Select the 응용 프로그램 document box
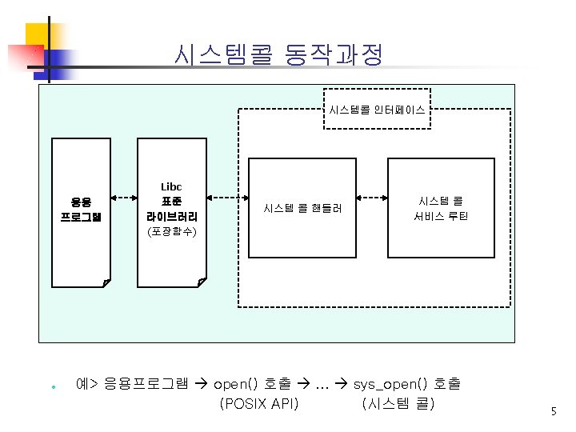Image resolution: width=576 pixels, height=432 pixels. click(81, 210)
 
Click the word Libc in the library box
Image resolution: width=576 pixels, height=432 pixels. click(171, 187)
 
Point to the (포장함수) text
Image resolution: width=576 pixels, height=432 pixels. click(172, 233)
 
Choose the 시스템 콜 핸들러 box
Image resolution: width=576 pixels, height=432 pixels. click(302, 208)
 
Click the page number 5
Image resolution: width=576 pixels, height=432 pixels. click(553, 411)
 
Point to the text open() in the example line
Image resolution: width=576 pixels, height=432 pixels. click(236, 384)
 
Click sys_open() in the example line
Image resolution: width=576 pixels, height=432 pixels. click(385, 384)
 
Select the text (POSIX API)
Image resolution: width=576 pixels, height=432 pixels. click(258, 403)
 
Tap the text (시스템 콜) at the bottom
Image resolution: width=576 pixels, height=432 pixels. click(398, 403)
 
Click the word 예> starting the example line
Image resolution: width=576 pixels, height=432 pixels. click(86, 384)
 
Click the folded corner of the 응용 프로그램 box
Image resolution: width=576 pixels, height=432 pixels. click(106, 282)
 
